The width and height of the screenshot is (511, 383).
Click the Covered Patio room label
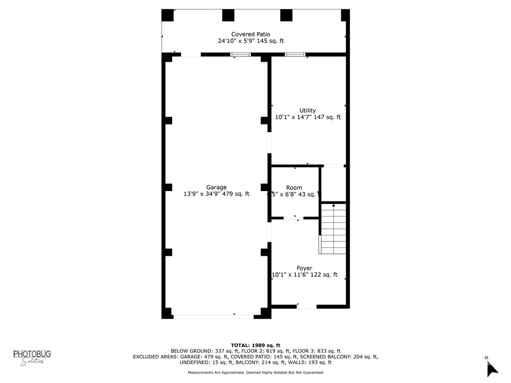click(251, 34)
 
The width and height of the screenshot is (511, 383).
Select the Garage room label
click(216, 188)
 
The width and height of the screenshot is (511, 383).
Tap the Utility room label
click(307, 110)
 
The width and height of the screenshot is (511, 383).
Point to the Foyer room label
click(304, 268)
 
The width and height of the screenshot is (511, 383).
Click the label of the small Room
click(294, 188)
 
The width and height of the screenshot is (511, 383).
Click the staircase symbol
click(333, 229)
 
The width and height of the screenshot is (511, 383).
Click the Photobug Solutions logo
click(32, 358)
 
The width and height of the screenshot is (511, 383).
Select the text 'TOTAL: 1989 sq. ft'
click(255, 345)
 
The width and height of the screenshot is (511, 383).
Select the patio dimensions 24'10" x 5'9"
click(237, 41)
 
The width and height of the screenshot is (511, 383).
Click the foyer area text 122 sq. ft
click(325, 275)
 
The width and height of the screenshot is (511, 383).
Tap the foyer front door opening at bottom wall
click(306, 306)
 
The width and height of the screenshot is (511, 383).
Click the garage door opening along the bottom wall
click(214, 316)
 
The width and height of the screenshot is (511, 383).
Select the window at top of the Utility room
click(295, 54)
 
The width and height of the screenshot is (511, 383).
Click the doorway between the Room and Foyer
click(293, 218)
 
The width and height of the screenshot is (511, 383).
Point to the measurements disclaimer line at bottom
click(255, 373)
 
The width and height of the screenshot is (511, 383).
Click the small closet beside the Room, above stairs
click(333, 184)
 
